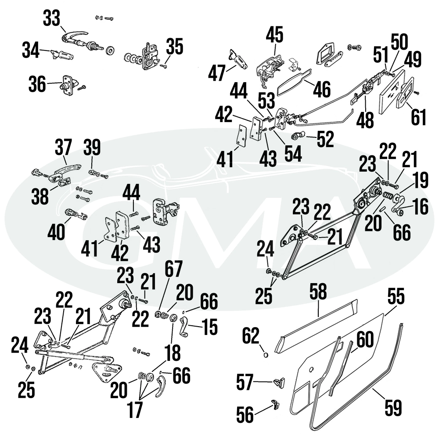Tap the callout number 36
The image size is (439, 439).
38,84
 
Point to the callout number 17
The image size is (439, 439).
134,410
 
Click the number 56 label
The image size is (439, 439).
246,414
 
